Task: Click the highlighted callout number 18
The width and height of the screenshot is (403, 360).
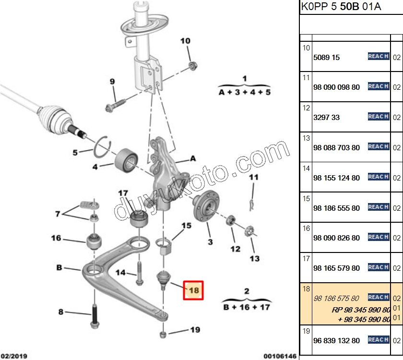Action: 193,290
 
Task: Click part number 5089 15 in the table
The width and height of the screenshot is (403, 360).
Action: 326,57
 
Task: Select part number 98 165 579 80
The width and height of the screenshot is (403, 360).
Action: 336,268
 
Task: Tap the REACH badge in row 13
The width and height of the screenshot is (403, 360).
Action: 378,147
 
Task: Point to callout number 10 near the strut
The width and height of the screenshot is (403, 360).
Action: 185,41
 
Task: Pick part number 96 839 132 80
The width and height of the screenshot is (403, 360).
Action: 336,340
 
